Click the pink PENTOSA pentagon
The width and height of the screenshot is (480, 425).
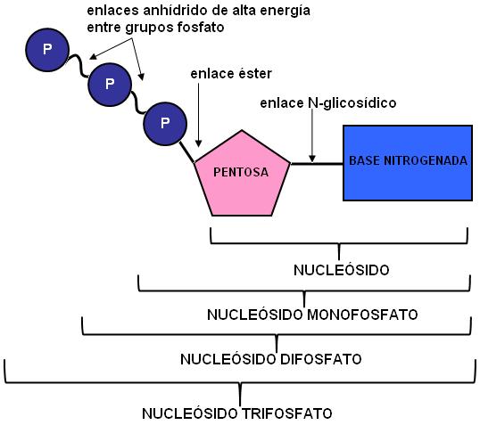[242, 176]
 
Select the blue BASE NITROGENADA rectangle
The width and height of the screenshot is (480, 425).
[408, 163]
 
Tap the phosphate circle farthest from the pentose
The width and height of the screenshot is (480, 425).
[47, 50]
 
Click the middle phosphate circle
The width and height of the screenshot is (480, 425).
[110, 85]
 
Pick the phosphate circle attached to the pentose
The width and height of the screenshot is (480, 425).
[165, 124]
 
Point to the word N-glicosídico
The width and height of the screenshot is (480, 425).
[352, 103]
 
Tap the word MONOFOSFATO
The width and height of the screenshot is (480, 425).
[362, 315]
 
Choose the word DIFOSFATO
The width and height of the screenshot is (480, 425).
[321, 359]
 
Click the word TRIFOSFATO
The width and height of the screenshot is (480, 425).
[287, 413]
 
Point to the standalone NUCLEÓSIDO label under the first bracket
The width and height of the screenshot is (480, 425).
[342, 270]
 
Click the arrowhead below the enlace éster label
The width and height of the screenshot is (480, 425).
[198, 143]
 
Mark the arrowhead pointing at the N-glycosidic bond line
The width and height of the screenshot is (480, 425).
[312, 159]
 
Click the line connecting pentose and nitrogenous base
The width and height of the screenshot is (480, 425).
[317, 164]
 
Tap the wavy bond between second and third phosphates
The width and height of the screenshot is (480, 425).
[137, 102]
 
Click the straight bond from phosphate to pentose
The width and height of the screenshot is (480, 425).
[186, 152]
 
